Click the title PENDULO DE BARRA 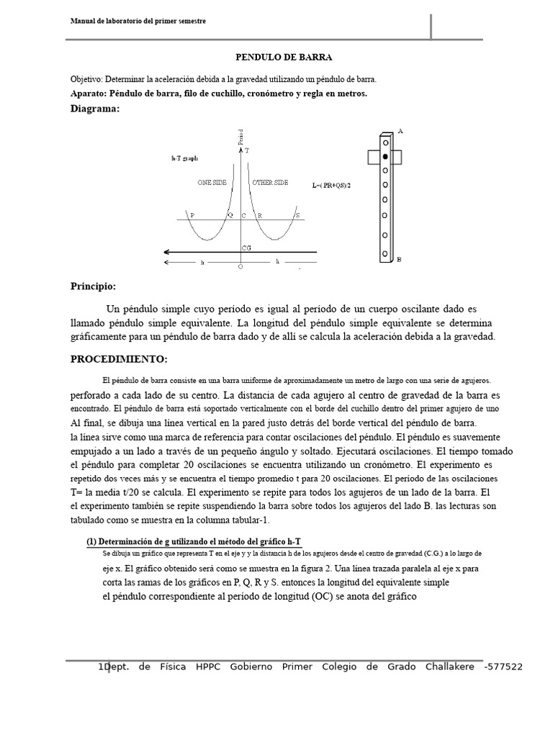[276, 56]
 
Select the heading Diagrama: [95, 108]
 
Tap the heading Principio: [93, 286]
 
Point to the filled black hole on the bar [385, 156]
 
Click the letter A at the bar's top [400, 132]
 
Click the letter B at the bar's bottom [400, 261]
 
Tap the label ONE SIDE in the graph [212, 183]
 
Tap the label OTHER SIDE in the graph [270, 183]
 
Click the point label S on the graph [297, 215]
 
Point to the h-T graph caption [184, 157]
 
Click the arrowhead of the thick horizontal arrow [167, 252]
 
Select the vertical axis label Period [240, 137]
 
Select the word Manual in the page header [83, 22]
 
